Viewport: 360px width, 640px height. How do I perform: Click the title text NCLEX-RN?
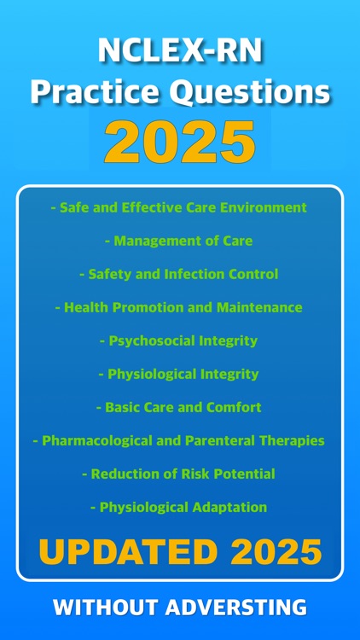(179, 53)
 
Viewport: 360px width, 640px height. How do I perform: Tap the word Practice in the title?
(89, 92)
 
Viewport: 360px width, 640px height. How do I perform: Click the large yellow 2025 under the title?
(179, 142)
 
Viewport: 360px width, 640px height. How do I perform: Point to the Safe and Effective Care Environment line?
(179, 207)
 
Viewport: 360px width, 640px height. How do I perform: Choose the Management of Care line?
(179, 241)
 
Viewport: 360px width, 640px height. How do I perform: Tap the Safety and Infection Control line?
(179, 274)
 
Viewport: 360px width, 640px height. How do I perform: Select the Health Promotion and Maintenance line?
(179, 307)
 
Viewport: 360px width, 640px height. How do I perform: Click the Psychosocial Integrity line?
(179, 340)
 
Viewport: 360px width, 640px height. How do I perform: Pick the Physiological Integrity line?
(179, 374)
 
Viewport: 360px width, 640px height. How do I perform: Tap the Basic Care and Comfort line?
(179, 407)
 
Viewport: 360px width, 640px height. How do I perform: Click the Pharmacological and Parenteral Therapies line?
(179, 440)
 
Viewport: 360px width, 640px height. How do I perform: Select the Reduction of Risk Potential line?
(179, 474)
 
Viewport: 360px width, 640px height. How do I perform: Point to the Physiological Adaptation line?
(179, 507)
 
